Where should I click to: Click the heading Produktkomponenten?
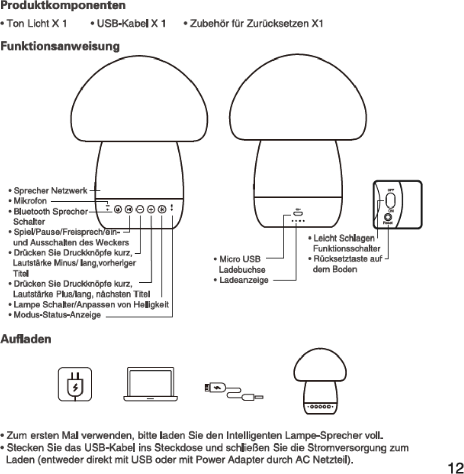pos(63,7)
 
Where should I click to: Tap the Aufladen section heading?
pos(26,339)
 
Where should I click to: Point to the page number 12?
pos(455,467)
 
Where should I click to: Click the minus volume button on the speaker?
pos(140,209)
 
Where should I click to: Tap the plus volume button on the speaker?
pos(151,209)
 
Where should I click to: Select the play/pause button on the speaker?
pos(129,209)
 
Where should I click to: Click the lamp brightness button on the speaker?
pos(162,209)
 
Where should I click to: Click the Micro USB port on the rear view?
pos(298,214)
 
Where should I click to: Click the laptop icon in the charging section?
pos(151,384)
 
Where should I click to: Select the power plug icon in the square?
pos(75,384)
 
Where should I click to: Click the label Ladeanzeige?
pos(243,280)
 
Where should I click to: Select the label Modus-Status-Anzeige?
pos(57,316)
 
